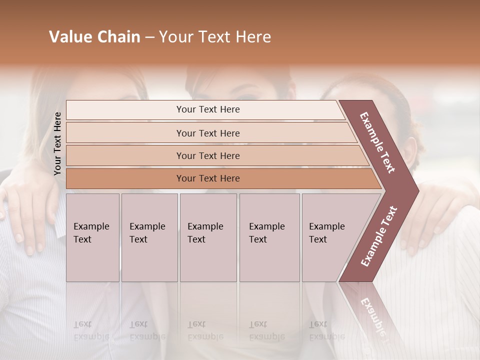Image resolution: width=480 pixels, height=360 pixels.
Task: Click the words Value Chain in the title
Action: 94,37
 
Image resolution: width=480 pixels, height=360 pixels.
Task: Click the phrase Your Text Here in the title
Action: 215,37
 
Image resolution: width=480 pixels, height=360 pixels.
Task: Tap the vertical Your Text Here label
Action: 57,143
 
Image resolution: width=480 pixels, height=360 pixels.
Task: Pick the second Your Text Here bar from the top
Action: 208,133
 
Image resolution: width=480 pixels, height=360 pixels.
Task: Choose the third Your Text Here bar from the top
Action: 208,155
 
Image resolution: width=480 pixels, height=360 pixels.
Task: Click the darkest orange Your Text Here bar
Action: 208,178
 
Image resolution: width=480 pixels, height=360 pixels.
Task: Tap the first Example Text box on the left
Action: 92,237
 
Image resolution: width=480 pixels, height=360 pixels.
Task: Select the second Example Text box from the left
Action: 149,237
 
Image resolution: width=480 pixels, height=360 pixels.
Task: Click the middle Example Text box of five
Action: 208,237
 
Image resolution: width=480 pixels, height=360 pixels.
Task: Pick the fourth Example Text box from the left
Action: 269,237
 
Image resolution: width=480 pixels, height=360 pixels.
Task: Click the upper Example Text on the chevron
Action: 378,142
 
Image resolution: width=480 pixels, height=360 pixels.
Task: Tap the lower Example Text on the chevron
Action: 379,236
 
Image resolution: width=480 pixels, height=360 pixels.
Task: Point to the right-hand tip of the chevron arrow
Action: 417,190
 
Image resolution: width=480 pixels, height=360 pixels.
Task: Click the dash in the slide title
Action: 149,37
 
